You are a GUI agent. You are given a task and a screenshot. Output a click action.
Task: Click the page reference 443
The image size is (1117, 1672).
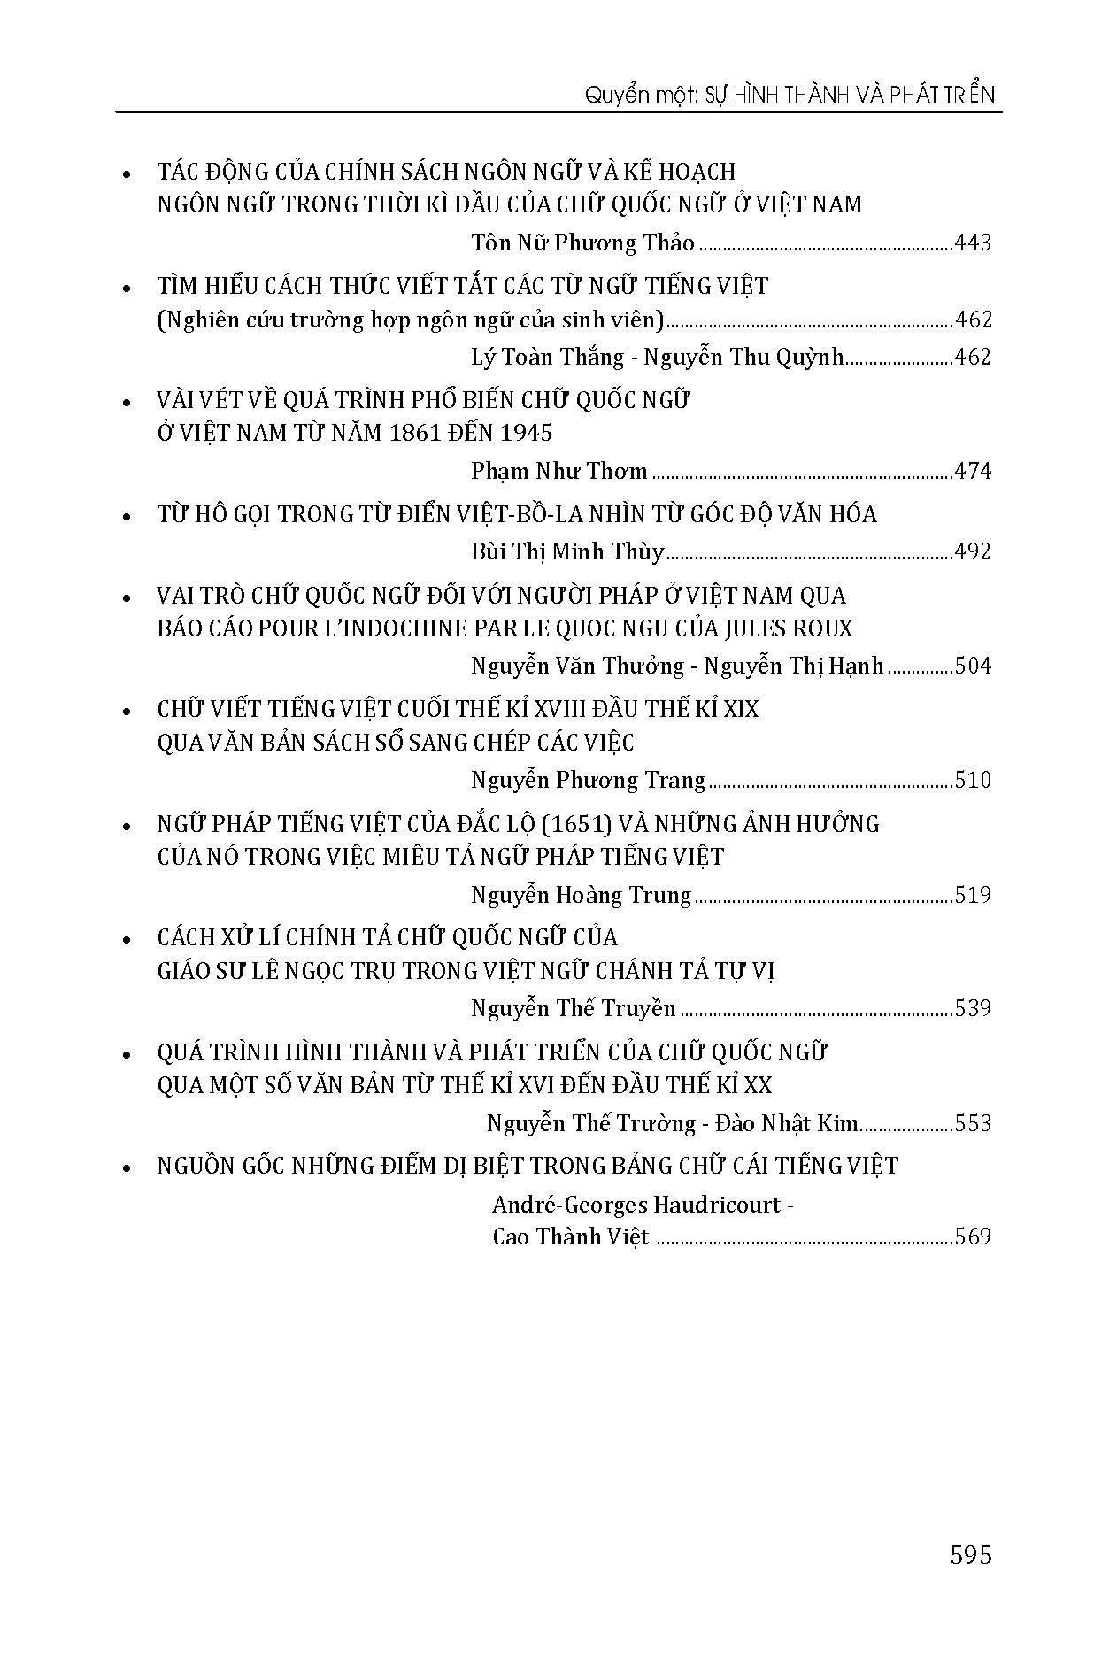tap(974, 243)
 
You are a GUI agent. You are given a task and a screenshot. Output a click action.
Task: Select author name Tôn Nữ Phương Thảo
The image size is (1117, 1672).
tap(582, 243)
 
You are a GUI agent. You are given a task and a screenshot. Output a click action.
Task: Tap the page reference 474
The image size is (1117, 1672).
tap(974, 471)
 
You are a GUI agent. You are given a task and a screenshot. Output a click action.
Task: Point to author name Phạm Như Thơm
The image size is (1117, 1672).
tap(559, 471)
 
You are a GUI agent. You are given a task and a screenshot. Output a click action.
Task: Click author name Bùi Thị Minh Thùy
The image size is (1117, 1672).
tap(567, 551)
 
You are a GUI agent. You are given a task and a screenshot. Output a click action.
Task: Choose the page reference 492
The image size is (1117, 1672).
tap(974, 551)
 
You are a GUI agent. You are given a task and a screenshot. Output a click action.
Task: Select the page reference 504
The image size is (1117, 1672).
tap(974, 666)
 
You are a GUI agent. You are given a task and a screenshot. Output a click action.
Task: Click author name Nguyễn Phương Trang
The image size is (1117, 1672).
tap(588, 780)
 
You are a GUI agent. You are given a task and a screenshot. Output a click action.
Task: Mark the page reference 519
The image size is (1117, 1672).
tap(974, 895)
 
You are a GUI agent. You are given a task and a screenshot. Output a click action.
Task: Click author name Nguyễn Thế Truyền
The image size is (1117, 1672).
tap(574, 1008)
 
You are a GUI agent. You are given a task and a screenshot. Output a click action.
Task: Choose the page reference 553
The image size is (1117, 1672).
tap(974, 1123)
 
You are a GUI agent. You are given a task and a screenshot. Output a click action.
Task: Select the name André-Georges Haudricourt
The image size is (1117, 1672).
tap(637, 1205)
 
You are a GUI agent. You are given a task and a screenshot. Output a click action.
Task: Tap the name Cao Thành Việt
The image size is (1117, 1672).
tap(571, 1237)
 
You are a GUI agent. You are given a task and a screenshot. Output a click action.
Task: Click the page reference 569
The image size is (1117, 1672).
tap(974, 1237)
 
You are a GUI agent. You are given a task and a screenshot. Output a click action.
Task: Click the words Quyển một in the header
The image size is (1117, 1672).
tap(629, 95)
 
